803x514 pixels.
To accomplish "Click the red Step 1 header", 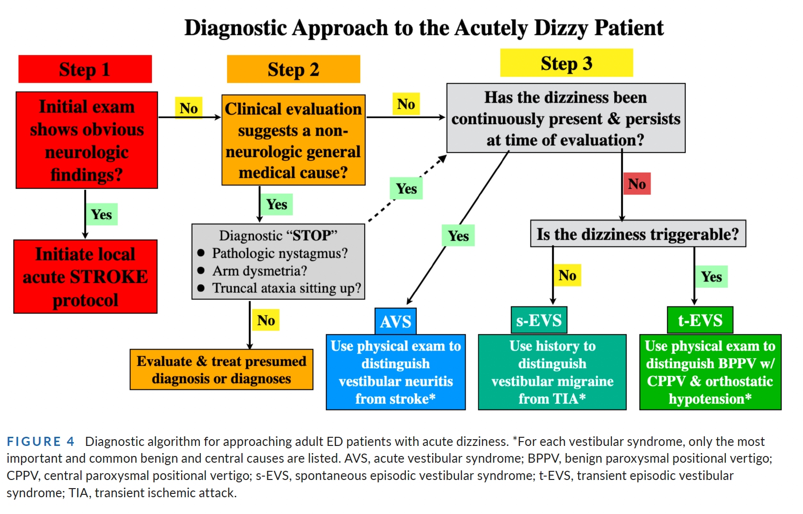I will (x=85, y=69).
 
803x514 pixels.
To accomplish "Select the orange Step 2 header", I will (x=293, y=69).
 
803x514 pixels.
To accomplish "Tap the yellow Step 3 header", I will (x=566, y=63).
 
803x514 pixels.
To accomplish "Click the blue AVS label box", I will (x=395, y=321).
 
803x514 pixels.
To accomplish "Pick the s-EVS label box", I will (x=539, y=320).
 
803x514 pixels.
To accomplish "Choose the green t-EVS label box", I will (x=700, y=320).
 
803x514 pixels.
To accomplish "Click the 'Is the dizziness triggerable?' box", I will (x=638, y=234).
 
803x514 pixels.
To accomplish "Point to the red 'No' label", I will (x=637, y=184).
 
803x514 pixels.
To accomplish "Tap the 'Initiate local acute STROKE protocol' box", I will (x=85, y=277).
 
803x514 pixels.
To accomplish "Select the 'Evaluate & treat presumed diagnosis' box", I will (x=221, y=370).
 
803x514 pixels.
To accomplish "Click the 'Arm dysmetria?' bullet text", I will (x=259, y=271).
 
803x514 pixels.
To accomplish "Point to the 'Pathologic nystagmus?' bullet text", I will (x=279, y=253).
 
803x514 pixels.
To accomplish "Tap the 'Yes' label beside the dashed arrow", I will (x=406, y=189).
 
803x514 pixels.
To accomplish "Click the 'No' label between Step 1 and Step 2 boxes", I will (x=189, y=108).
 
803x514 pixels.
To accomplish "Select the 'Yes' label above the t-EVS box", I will (x=711, y=277).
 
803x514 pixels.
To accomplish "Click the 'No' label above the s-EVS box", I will (x=567, y=275).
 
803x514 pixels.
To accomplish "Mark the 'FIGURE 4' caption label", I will (x=41, y=441).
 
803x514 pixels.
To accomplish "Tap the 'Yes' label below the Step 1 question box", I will (x=102, y=214).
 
